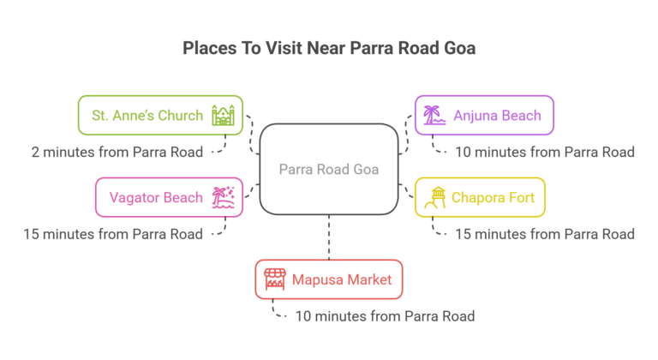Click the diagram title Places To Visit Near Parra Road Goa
pos(329,48)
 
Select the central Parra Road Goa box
pos(329,169)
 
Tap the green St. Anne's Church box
pos(160,115)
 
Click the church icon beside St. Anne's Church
pos(222,115)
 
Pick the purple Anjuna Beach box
pos(483,115)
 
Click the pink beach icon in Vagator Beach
pos(224,197)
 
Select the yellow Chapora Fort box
pos(479,197)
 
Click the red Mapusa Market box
pos(329,279)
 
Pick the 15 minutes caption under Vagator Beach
pos(113,234)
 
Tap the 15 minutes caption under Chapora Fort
pos(543,234)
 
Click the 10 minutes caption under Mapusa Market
pos(384,316)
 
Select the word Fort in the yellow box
pos(518,198)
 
